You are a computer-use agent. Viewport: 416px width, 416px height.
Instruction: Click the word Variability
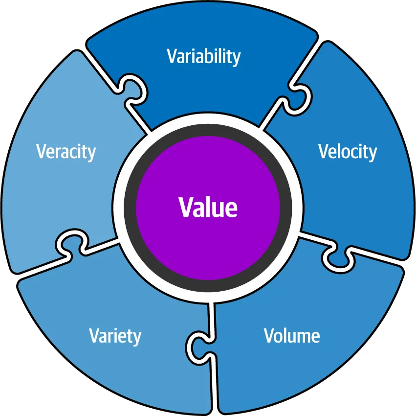204,57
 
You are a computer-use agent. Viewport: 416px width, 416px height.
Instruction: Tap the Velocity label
348,152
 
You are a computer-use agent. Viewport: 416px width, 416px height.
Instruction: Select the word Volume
292,336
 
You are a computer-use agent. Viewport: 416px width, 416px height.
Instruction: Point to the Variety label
115,336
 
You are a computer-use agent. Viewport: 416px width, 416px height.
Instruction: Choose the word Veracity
66,152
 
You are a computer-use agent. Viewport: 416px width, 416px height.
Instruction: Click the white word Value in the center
208,207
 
